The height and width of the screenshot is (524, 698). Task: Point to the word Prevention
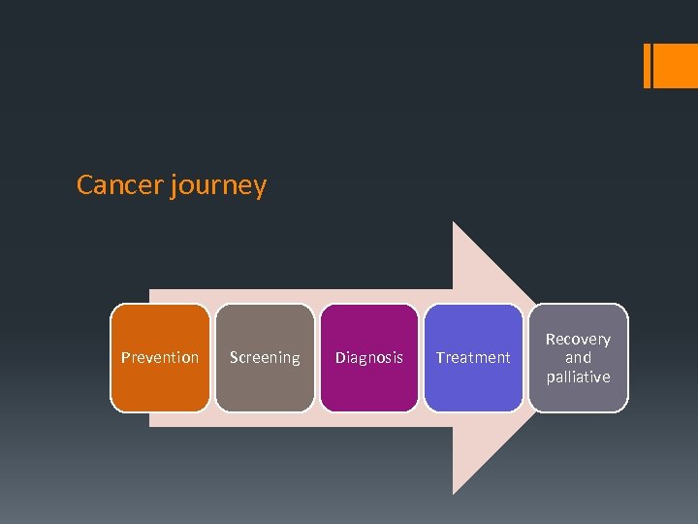pyautogui.click(x=160, y=357)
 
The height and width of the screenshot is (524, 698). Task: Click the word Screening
pyautogui.click(x=265, y=358)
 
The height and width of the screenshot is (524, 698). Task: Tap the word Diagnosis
pyautogui.click(x=369, y=358)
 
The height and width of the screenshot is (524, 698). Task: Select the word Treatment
pyautogui.click(x=473, y=357)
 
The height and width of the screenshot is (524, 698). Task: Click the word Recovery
pyautogui.click(x=578, y=339)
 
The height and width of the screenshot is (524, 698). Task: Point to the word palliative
pyautogui.click(x=578, y=377)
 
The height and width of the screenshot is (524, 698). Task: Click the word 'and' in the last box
pyautogui.click(x=578, y=357)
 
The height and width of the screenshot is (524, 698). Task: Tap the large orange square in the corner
pyautogui.click(x=676, y=66)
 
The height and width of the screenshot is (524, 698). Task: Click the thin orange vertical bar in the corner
pyautogui.click(x=648, y=66)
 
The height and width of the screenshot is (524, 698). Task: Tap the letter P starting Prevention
pyautogui.click(x=125, y=357)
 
